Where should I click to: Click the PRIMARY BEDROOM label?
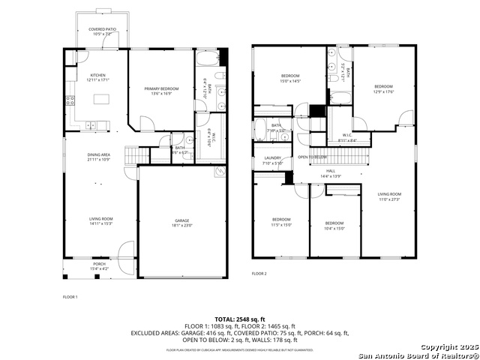[x=161, y=90]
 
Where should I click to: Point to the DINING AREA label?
[x=99, y=156]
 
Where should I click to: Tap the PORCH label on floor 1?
[x=99, y=265]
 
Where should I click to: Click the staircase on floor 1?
[x=132, y=155]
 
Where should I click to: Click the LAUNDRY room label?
[x=273, y=160]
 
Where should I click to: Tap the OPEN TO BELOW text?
[x=311, y=157]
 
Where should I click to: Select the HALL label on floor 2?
[x=331, y=172]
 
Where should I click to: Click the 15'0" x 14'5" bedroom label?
[x=290, y=79]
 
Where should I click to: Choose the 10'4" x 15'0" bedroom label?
[x=334, y=225]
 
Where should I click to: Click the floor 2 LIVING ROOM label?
[x=388, y=196]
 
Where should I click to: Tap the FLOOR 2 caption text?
[x=259, y=274]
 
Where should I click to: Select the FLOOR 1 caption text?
[x=70, y=298]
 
